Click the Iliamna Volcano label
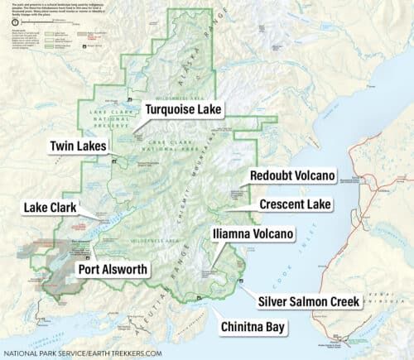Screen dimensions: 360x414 point(253,234)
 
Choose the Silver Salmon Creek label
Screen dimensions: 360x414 point(309,301)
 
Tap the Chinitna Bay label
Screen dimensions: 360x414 point(253,328)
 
